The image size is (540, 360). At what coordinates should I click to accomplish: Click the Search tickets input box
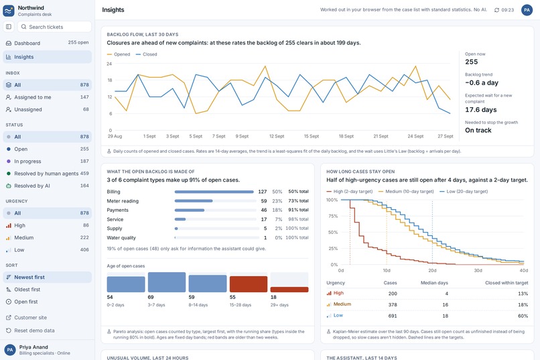[x=54, y=27]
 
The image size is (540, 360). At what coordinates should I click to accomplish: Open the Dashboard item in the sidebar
[x=47, y=43]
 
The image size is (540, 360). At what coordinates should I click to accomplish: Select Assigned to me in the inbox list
[x=47, y=97]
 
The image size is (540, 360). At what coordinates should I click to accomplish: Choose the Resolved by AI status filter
[x=47, y=186]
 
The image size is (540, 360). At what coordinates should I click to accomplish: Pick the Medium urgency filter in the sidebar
[x=47, y=238]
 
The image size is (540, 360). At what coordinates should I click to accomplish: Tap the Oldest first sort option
[x=47, y=290]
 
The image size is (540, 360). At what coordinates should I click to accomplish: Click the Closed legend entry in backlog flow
[x=146, y=54]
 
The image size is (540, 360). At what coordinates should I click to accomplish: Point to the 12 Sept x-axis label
[x=277, y=136]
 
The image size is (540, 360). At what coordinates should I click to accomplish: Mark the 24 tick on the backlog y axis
[x=109, y=64]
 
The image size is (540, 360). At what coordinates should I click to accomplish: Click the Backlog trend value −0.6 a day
[x=482, y=82]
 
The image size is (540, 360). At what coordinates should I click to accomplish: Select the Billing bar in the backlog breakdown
[x=214, y=192]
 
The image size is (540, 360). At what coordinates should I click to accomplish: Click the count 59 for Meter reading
[x=264, y=201]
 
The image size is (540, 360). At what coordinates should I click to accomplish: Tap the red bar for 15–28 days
[x=249, y=284]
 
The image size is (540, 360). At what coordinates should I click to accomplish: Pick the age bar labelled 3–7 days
[x=167, y=282]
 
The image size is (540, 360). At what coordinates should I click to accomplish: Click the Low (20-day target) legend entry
[x=464, y=192]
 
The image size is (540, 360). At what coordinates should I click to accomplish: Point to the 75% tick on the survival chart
[x=333, y=217]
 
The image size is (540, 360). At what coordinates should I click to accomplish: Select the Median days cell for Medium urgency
[x=446, y=304]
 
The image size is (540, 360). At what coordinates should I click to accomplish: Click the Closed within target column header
[x=507, y=283]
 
